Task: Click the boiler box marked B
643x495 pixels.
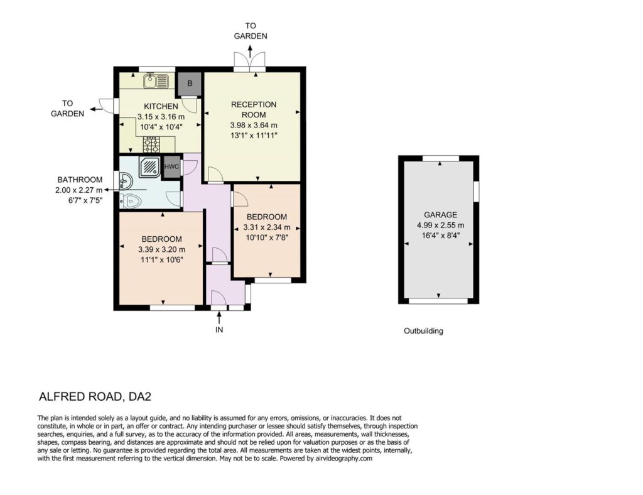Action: point(190,84)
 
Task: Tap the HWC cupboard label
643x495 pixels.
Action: point(171,166)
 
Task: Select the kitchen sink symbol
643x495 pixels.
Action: point(156,80)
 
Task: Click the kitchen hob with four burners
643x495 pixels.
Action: point(151,144)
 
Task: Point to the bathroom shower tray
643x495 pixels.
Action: point(149,166)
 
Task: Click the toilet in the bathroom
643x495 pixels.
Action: point(131,201)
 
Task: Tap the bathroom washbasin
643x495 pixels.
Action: point(126,181)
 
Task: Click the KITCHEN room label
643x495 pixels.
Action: point(161,106)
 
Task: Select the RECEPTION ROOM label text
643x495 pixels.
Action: point(254,109)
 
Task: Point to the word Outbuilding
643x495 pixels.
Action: point(424,331)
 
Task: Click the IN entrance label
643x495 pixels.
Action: point(219,330)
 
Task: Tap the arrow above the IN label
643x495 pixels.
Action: point(219,317)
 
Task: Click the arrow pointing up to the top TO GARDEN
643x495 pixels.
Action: point(250,52)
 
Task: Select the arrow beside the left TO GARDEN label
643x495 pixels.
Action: point(96,109)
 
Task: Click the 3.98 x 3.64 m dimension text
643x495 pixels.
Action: point(254,125)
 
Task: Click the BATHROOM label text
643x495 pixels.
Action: point(80,180)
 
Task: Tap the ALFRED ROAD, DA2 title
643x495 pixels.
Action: point(95,396)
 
